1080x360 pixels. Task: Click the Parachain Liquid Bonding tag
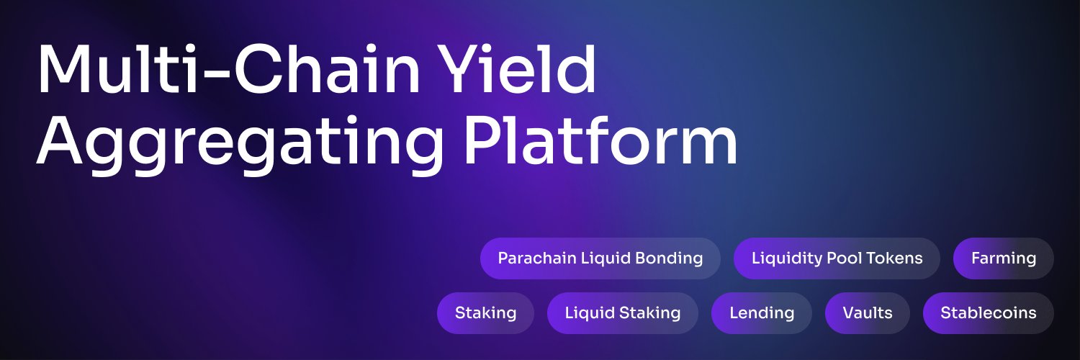600,258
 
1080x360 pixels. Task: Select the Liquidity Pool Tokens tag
837,258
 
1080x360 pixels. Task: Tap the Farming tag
1004,258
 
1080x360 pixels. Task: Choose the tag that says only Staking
485,313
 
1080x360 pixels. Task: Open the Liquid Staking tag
623,313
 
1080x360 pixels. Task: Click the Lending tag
762,313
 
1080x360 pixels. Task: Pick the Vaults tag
868,313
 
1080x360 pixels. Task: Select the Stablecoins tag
989,313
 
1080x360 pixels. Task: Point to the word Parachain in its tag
537,258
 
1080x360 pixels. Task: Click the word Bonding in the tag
669,259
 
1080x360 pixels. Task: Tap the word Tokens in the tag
894,258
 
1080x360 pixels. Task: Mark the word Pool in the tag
845,258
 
